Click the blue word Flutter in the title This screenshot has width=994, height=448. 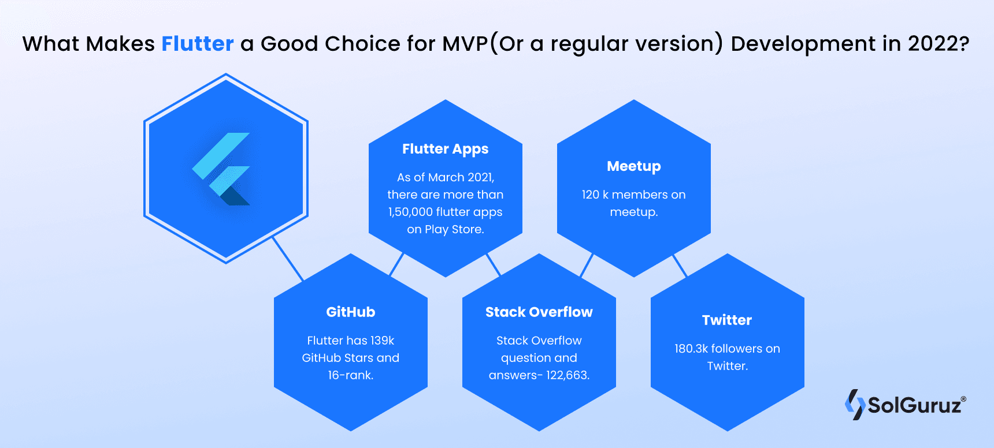(197, 44)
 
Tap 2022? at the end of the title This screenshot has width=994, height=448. (938, 44)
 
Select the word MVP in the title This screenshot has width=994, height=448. (465, 44)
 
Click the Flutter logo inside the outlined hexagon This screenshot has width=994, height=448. (222, 169)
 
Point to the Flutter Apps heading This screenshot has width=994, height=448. (445, 149)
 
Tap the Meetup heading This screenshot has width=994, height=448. (633, 166)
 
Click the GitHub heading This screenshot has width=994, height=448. (350, 312)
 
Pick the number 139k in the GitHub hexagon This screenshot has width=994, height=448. (382, 341)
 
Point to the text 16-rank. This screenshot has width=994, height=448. (350, 375)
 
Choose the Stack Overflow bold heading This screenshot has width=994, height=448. (539, 312)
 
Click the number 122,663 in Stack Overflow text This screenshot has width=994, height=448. (567, 375)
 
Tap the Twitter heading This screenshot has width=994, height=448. (726, 320)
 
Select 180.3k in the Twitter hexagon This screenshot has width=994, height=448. (691, 349)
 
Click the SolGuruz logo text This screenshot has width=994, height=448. (914, 405)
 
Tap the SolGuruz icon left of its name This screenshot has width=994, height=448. (855, 404)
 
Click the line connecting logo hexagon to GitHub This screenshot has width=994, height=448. (288, 259)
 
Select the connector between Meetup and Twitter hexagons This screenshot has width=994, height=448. (680, 266)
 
